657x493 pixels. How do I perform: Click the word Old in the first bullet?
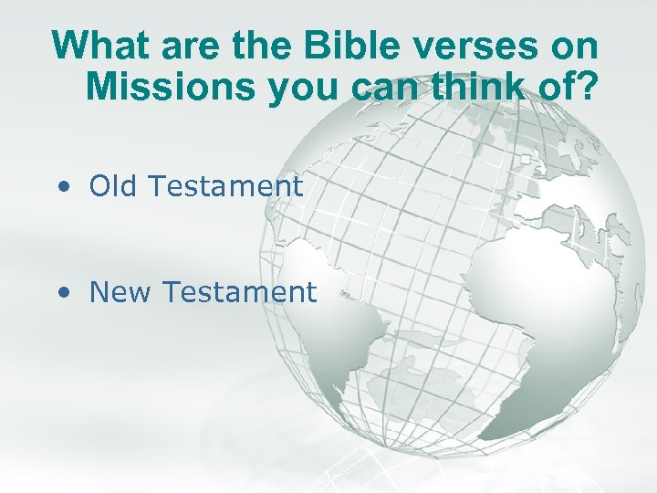[x=112, y=186]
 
